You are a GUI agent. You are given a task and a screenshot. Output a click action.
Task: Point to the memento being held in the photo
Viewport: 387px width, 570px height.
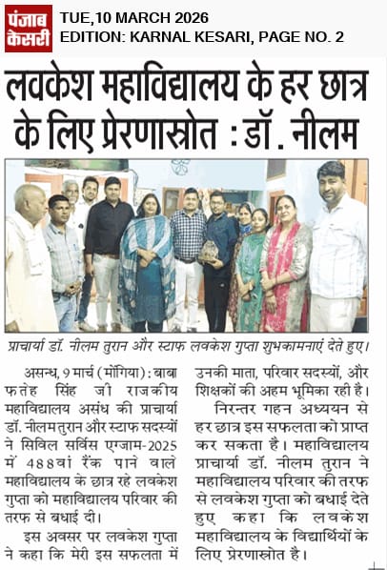click(209, 251)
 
